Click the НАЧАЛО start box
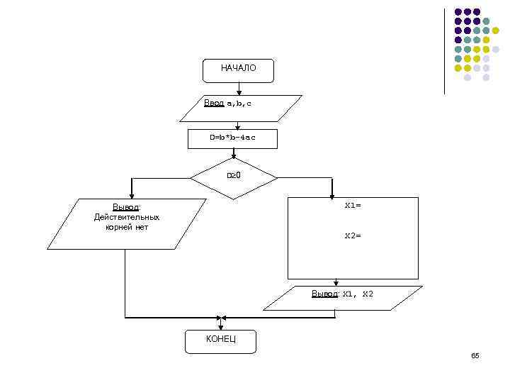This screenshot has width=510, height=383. click(238, 70)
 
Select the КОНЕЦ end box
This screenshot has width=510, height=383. click(220, 340)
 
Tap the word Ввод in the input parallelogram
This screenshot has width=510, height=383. click(213, 104)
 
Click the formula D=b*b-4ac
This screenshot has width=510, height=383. click(232, 138)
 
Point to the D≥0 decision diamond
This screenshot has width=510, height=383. click(234, 176)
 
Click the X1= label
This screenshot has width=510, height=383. click(353, 206)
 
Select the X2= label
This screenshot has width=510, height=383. click(353, 235)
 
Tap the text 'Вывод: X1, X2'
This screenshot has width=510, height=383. click(343, 294)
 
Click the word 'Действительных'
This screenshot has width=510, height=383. click(127, 217)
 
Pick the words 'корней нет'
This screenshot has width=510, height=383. click(127, 227)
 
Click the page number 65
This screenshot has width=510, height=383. click(475, 355)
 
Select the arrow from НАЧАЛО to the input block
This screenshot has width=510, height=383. click(239, 88)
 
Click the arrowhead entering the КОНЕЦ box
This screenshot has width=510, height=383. click(221, 326)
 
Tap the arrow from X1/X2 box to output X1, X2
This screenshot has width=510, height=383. click(336, 282)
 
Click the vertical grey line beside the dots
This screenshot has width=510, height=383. click(445, 50)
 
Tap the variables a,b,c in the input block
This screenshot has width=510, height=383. click(239, 104)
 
